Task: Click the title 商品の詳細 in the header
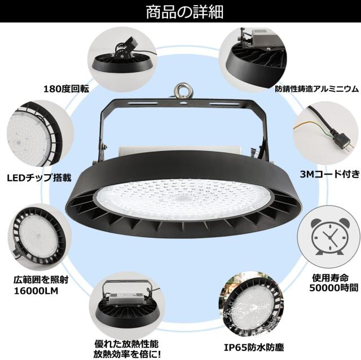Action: [x=180, y=11]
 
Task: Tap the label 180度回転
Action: [x=66, y=88]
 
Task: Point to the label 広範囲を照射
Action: [x=38, y=279]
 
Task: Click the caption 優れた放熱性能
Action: [x=120, y=343]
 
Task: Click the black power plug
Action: [x=340, y=141]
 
